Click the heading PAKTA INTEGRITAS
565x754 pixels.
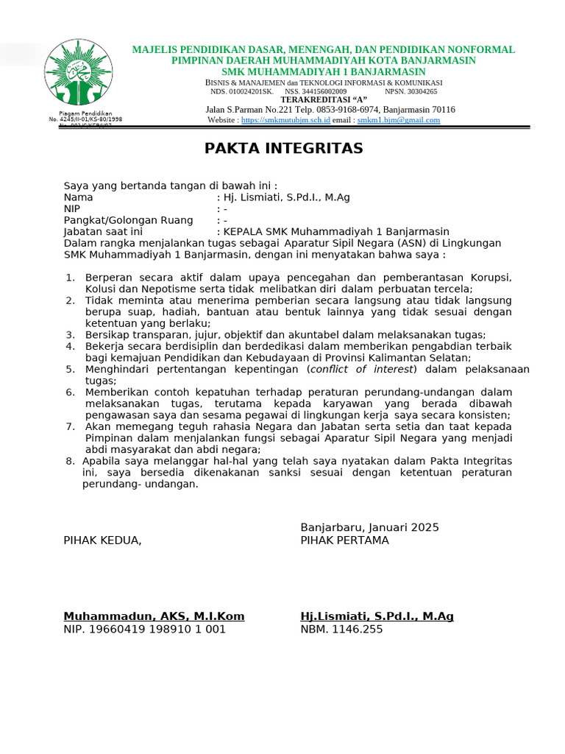(283, 149)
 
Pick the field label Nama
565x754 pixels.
(78, 197)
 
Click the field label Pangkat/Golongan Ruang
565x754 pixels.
(128, 220)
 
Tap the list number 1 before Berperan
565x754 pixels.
(71, 278)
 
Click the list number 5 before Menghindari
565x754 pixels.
(71, 369)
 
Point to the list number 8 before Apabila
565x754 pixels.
(71, 461)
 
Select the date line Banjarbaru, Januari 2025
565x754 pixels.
(369, 527)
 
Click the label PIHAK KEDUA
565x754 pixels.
(102, 540)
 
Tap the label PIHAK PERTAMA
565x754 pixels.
(344, 540)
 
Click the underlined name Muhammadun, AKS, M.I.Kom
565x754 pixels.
(154, 616)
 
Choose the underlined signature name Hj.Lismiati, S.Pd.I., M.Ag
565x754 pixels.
(377, 616)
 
